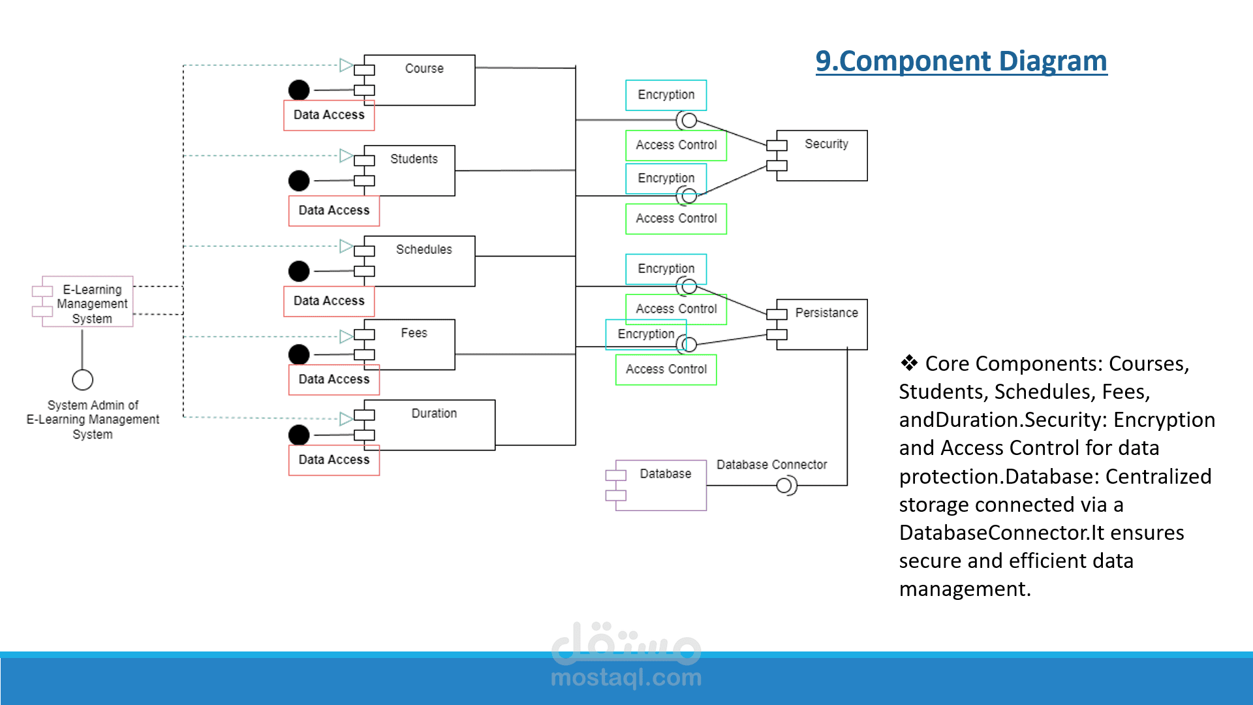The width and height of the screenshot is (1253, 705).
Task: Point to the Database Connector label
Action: (771, 465)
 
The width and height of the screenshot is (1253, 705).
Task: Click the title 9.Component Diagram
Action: (961, 61)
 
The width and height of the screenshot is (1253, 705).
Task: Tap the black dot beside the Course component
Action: (299, 90)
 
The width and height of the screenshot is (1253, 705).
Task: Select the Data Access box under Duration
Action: (334, 460)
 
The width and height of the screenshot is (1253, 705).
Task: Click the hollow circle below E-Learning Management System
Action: (82, 379)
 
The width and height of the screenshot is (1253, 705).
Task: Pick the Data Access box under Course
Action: (329, 116)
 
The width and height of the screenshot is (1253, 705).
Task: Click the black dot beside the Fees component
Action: (299, 354)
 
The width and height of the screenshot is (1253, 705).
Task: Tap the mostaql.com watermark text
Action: (626, 678)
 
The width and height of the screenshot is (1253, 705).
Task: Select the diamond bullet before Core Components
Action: (909, 363)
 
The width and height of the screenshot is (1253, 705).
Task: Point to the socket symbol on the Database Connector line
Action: (786, 486)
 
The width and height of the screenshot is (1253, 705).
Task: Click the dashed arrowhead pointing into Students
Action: (346, 156)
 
